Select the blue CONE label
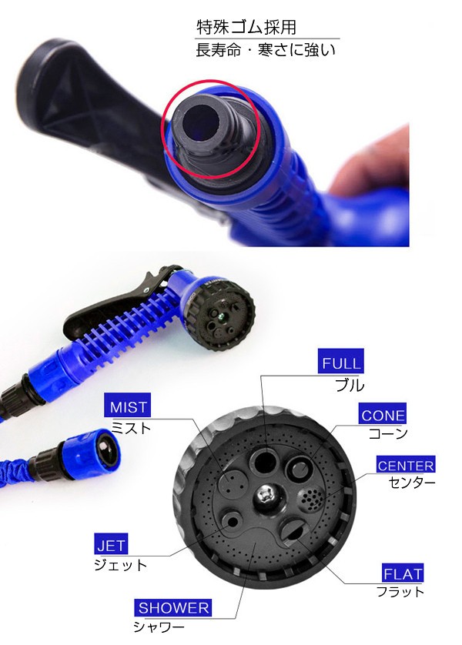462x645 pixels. pyautogui.click(x=382, y=414)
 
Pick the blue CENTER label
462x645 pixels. pyautogui.click(x=406, y=465)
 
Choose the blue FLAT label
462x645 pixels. pyautogui.click(x=403, y=573)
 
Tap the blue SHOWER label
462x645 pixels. pyautogui.click(x=172, y=607)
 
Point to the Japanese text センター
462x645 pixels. pyautogui.click(x=411, y=482)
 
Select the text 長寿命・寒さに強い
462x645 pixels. pyautogui.click(x=266, y=50)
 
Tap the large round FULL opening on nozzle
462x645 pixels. pyautogui.click(x=266, y=461)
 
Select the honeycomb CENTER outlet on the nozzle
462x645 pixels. pyautogui.click(x=310, y=500)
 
